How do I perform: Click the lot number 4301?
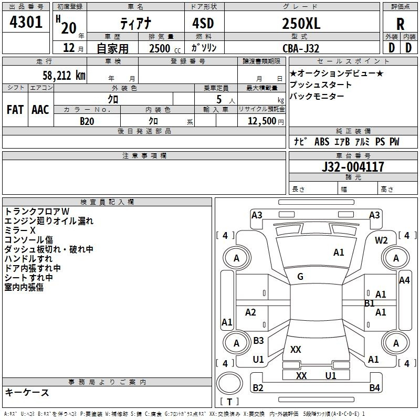26,22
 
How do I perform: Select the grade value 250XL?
301,23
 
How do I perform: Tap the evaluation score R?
400,24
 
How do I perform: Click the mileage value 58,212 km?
64,76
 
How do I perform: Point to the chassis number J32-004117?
353,166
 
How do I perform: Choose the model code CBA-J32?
301,48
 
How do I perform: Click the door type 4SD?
203,23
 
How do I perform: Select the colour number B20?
87,121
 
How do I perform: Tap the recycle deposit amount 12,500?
261,121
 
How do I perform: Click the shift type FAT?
15,110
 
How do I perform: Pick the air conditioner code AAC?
40,110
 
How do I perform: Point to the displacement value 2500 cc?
165,48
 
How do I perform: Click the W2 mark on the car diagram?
381,240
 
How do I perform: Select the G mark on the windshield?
300,277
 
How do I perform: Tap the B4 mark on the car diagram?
374,387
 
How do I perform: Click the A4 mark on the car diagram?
404,280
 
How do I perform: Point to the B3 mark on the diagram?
258,340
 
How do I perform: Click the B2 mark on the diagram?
258,387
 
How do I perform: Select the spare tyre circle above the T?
229,383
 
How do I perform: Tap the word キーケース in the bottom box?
27,392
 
